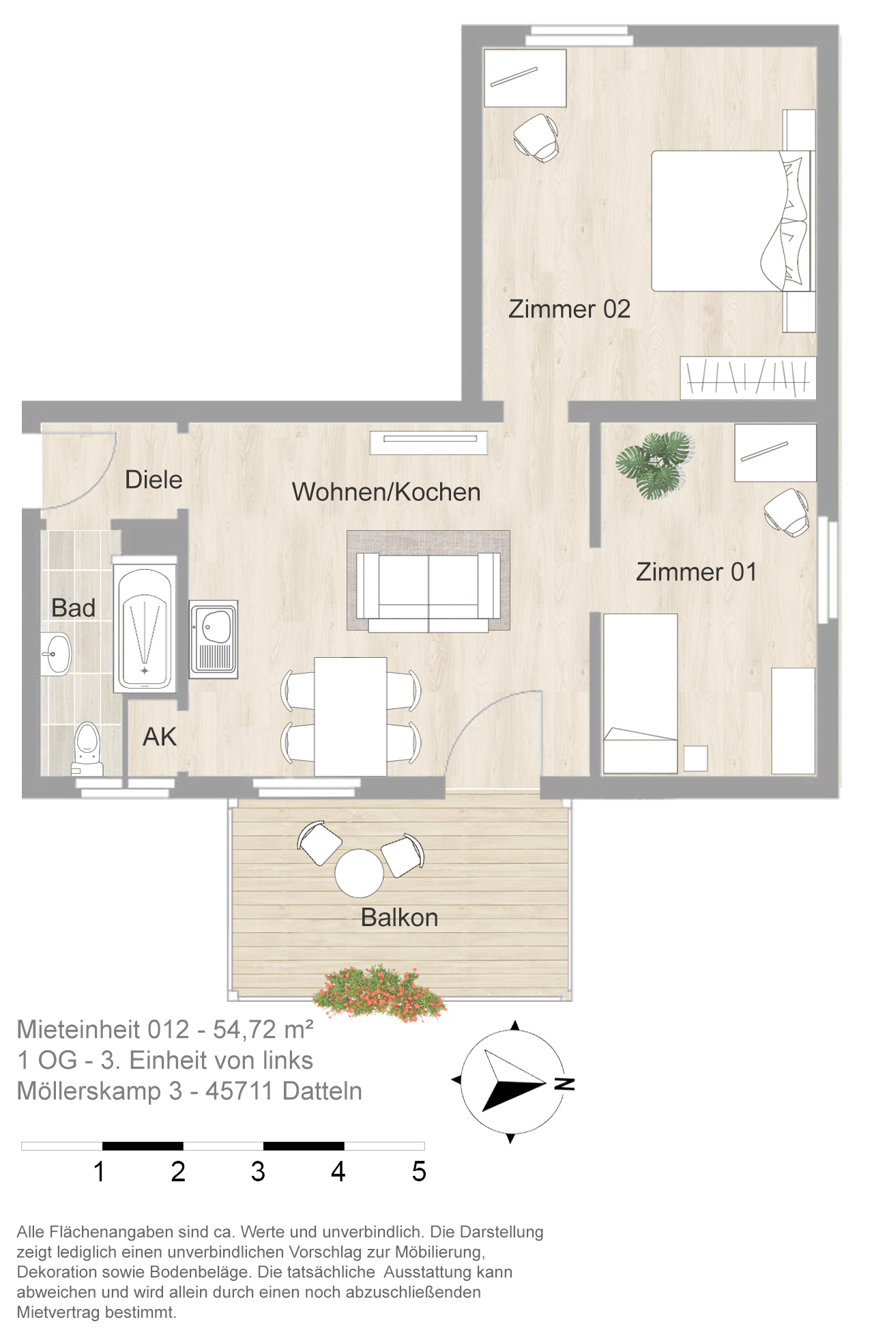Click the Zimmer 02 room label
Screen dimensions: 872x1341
tap(569, 309)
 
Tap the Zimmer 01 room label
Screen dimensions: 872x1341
tap(696, 572)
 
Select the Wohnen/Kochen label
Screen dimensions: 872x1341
tap(386, 492)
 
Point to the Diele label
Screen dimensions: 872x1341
tap(154, 480)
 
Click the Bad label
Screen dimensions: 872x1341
tap(73, 607)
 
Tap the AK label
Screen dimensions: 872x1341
tap(160, 737)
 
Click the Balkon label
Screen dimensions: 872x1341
tap(399, 917)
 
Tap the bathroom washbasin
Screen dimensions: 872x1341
tap(57, 654)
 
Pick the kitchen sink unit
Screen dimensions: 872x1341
tap(214, 639)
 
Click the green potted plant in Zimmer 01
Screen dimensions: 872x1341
tap(654, 465)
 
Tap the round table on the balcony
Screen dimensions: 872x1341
tap(359, 873)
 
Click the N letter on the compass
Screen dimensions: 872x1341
tap(565, 1084)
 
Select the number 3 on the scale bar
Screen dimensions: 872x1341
tap(258, 1172)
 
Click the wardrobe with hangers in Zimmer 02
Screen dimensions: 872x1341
tap(748, 377)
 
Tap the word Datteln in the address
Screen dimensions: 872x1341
tap(322, 1091)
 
